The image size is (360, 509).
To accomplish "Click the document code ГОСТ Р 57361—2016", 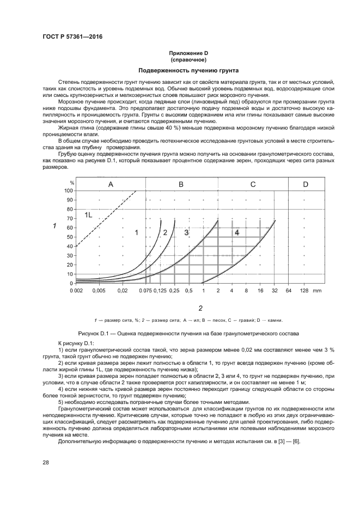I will [x=72, y=36].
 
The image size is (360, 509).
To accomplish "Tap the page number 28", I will [x=45, y=463].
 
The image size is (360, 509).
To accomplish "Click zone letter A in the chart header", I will [x=111, y=185].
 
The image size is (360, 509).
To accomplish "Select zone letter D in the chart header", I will [x=306, y=185].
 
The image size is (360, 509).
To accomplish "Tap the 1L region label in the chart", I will [x=88, y=216].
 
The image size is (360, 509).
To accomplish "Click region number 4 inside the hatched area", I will [x=236, y=232].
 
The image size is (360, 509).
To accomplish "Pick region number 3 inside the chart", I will [x=186, y=232].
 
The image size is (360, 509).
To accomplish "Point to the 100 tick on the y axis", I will [x=69, y=191].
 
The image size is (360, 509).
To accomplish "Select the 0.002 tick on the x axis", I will [x=77, y=291].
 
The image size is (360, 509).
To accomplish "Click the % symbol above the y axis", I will [x=71, y=183].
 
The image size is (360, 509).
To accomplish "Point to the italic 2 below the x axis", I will [x=200, y=308].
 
